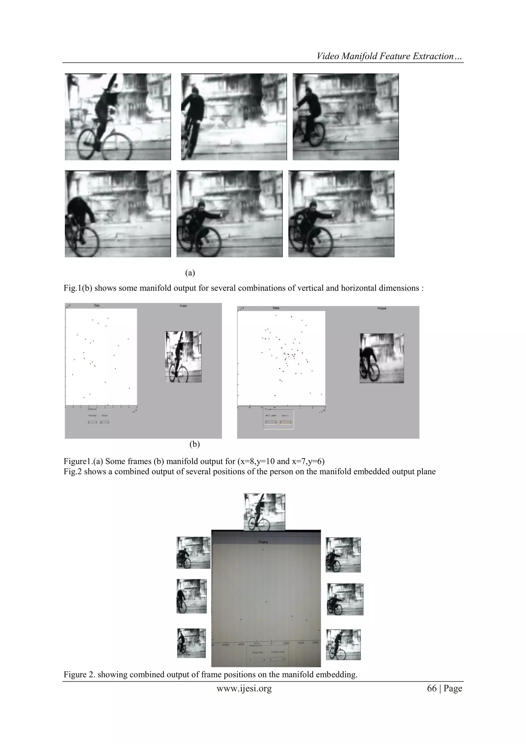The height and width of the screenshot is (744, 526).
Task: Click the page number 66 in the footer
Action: click(431, 688)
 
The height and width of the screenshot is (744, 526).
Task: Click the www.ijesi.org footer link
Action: click(244, 688)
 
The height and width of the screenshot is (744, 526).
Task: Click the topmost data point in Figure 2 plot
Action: click(263, 549)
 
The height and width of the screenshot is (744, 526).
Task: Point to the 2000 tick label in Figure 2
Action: click(286, 643)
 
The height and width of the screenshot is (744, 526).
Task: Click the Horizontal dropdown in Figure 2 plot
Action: click(258, 660)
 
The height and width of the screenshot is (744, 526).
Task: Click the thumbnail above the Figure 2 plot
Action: click(264, 512)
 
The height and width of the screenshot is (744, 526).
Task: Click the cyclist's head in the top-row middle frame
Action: click(194, 90)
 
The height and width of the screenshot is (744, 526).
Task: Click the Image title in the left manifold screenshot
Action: click(183, 306)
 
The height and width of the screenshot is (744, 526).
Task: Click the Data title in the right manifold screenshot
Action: click(276, 308)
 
